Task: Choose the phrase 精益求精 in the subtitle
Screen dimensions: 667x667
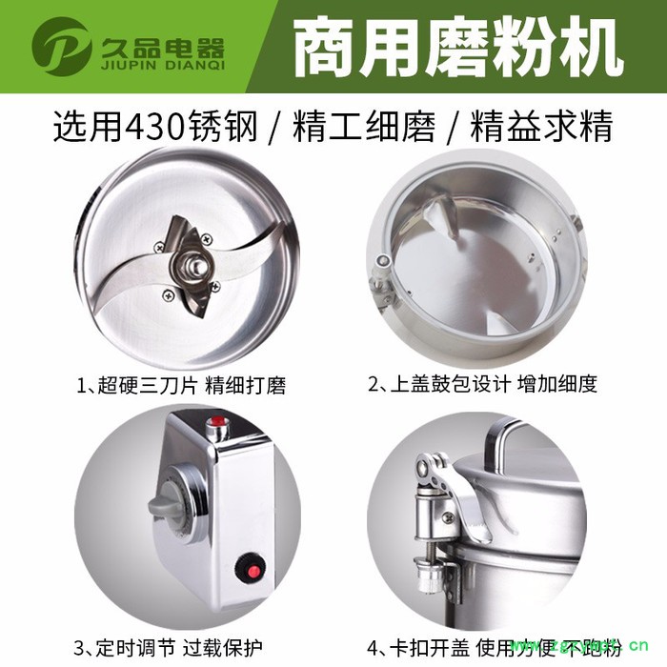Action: pos(541,127)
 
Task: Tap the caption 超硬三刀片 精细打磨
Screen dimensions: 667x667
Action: pos(186,385)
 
